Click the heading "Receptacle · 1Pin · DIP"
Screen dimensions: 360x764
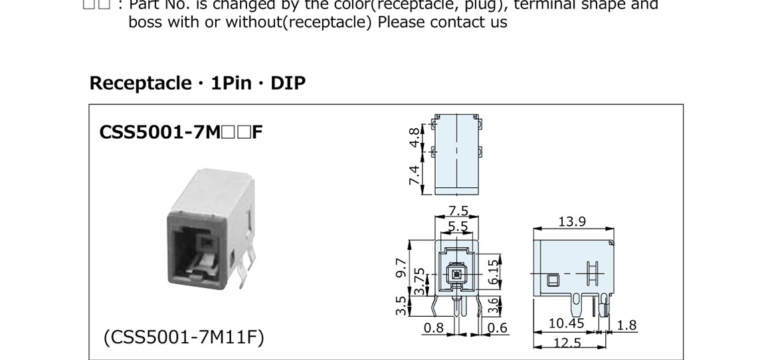(x=197, y=84)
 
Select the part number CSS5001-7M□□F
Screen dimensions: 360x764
(x=181, y=132)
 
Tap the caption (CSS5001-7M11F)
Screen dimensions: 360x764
(x=183, y=337)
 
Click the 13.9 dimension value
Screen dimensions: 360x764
(x=571, y=221)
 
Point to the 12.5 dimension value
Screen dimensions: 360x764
(x=567, y=343)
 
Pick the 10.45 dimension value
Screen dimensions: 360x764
(x=566, y=324)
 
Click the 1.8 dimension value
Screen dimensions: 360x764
(x=626, y=325)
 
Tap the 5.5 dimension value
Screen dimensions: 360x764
(x=457, y=226)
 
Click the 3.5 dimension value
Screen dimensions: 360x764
(x=401, y=306)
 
